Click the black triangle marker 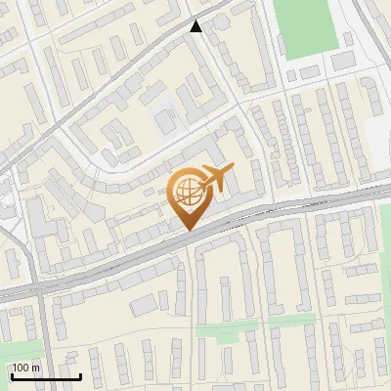[196, 26]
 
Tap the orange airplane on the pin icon [216, 179]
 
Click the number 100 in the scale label [22, 368]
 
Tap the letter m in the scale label [36, 368]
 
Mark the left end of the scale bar [12, 376]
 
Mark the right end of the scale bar [80, 376]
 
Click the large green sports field [305, 26]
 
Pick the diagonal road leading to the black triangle [117, 78]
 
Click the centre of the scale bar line [46, 376]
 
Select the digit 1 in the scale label [15, 368]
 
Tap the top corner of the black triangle [196, 21]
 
